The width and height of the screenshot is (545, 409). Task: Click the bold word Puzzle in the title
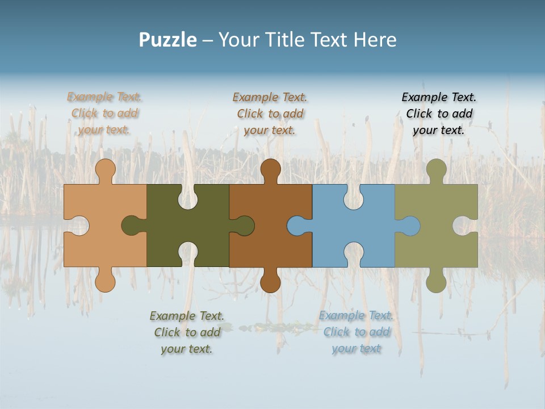coord(167,40)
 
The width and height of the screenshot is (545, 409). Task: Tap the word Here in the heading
coord(374,40)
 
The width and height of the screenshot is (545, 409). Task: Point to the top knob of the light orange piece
coord(105,169)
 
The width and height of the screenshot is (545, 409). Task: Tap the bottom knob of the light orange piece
coord(105,282)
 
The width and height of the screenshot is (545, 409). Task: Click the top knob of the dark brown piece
coord(270,169)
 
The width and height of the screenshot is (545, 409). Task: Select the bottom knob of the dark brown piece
coord(270,282)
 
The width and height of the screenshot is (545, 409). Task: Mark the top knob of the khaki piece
coord(436,169)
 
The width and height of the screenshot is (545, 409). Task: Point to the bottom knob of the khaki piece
coord(436,282)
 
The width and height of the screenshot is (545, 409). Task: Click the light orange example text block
coord(104,113)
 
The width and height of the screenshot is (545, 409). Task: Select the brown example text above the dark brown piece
coord(270,114)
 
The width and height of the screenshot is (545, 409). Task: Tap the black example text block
coord(439,114)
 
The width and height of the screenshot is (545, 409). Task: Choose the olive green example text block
coord(187,332)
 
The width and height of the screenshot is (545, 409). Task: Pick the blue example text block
coord(356,332)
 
